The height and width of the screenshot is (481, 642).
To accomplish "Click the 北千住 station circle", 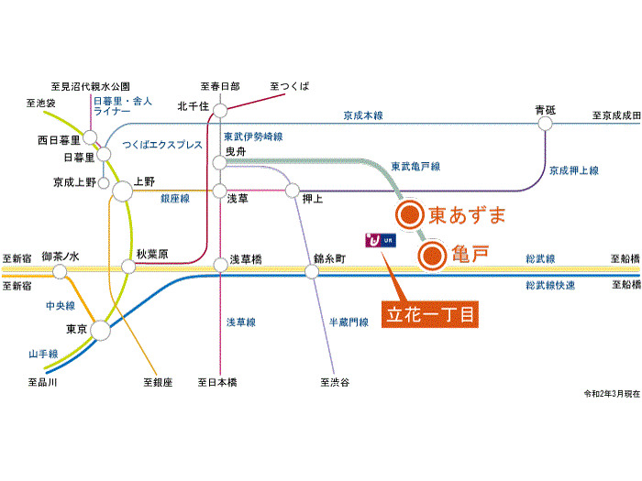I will [x=219, y=111].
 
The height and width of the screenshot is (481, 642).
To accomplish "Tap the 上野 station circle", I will [x=123, y=192].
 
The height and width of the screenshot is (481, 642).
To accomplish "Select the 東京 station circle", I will [x=101, y=331].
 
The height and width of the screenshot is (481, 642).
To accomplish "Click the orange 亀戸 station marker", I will [x=431, y=257].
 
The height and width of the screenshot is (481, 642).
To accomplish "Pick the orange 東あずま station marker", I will [x=409, y=216].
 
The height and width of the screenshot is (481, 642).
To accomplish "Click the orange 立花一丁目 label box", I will [x=430, y=314].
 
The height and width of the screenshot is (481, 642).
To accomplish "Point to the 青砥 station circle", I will [x=545, y=123].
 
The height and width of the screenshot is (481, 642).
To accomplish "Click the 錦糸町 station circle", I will [x=316, y=268].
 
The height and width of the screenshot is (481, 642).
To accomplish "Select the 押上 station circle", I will [x=293, y=191].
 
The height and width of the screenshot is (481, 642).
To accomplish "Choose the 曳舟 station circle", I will [x=219, y=162].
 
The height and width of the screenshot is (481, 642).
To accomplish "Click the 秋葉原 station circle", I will [x=127, y=268].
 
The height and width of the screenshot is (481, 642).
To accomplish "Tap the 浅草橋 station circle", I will [x=220, y=267].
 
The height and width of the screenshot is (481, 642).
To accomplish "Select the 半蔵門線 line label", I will [x=349, y=322].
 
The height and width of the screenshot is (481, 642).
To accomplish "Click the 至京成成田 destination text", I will [x=615, y=115].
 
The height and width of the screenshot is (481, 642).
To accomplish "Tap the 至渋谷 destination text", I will [x=334, y=382].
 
